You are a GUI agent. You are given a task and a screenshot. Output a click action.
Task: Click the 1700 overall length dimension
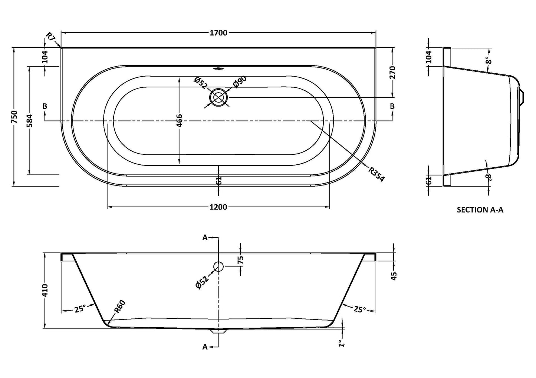pos(218,33)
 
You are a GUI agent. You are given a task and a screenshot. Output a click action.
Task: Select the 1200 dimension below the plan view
pos(218,207)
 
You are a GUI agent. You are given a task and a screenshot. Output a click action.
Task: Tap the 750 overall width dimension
pos(14,117)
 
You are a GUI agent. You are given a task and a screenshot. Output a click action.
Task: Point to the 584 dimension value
pos(30,121)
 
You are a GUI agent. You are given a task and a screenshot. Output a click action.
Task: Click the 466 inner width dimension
pos(180,121)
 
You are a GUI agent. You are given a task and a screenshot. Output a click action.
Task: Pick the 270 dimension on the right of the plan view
pos(392,73)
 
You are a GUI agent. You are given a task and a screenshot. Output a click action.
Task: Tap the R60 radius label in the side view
pos(120,307)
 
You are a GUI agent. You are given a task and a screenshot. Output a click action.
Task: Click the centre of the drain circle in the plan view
pos(218,97)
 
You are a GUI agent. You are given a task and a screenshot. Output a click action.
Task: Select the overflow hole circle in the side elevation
pos(218,266)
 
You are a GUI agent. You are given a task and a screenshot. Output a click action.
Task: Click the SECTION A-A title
pos(480,210)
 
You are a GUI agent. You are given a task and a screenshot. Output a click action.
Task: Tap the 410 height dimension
pos(45,290)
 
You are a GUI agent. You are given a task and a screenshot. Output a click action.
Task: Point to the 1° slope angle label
pos(342,343)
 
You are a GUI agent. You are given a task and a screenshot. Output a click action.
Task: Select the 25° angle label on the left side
pos(80,309)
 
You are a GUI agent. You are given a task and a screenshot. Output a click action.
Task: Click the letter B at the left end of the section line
pos(45,106)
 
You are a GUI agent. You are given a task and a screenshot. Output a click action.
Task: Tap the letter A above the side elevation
pos(205,238)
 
